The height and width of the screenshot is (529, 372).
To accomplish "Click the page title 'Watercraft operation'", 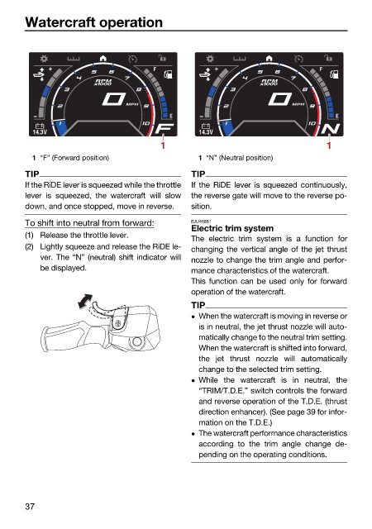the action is [x=94, y=22].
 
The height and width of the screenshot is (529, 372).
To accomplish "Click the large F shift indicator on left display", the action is [x=165, y=129].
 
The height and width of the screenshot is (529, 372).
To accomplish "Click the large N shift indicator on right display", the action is [x=331, y=129].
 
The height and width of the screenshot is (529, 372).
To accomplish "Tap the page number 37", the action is [x=30, y=507].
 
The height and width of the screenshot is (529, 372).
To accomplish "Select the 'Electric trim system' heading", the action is [x=232, y=228].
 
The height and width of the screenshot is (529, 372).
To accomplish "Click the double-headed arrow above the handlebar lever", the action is [x=85, y=301].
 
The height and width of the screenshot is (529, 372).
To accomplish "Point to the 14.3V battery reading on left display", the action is [x=40, y=132].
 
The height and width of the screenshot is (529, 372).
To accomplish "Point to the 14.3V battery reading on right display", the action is [x=206, y=132].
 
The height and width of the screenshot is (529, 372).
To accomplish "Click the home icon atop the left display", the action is [x=103, y=59].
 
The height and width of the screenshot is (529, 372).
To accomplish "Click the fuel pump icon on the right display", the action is [x=334, y=74].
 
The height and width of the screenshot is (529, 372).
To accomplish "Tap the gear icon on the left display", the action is [x=44, y=59].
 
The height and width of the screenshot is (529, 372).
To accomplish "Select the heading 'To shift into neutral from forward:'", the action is [x=89, y=223].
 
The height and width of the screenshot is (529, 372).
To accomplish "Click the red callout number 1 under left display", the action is [x=163, y=145].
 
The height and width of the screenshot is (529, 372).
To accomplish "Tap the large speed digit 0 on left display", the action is [x=113, y=99].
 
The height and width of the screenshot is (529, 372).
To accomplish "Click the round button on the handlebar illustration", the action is [x=137, y=341].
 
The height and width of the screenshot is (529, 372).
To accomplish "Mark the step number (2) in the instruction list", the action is [x=30, y=246].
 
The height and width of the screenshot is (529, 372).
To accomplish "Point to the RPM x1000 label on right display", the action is [x=269, y=82].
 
